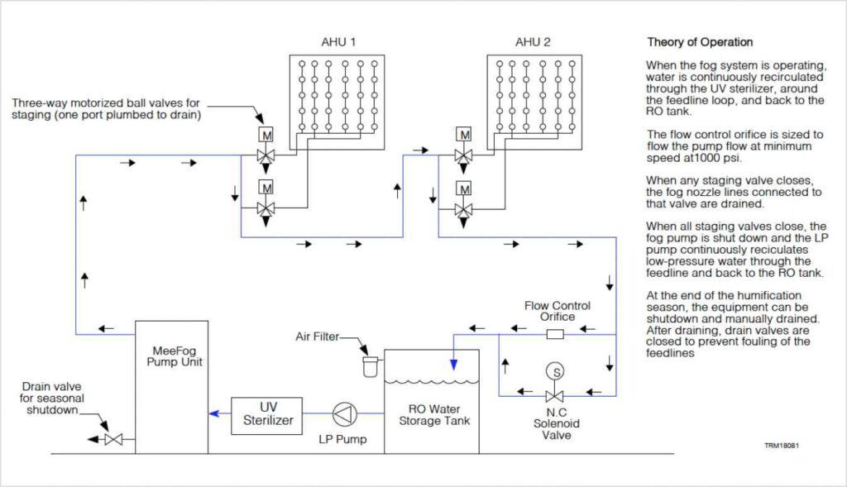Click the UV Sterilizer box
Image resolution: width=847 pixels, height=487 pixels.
click(267, 414)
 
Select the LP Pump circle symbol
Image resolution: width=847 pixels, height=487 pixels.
click(342, 413)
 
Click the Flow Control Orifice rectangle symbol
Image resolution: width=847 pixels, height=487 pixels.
click(556, 335)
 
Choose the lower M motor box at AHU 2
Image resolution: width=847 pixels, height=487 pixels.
click(464, 186)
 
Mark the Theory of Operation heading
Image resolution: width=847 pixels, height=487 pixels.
click(700, 42)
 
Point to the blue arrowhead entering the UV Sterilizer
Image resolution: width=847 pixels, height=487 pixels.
click(212, 414)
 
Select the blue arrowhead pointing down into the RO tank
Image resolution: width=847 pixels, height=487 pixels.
click(452, 361)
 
